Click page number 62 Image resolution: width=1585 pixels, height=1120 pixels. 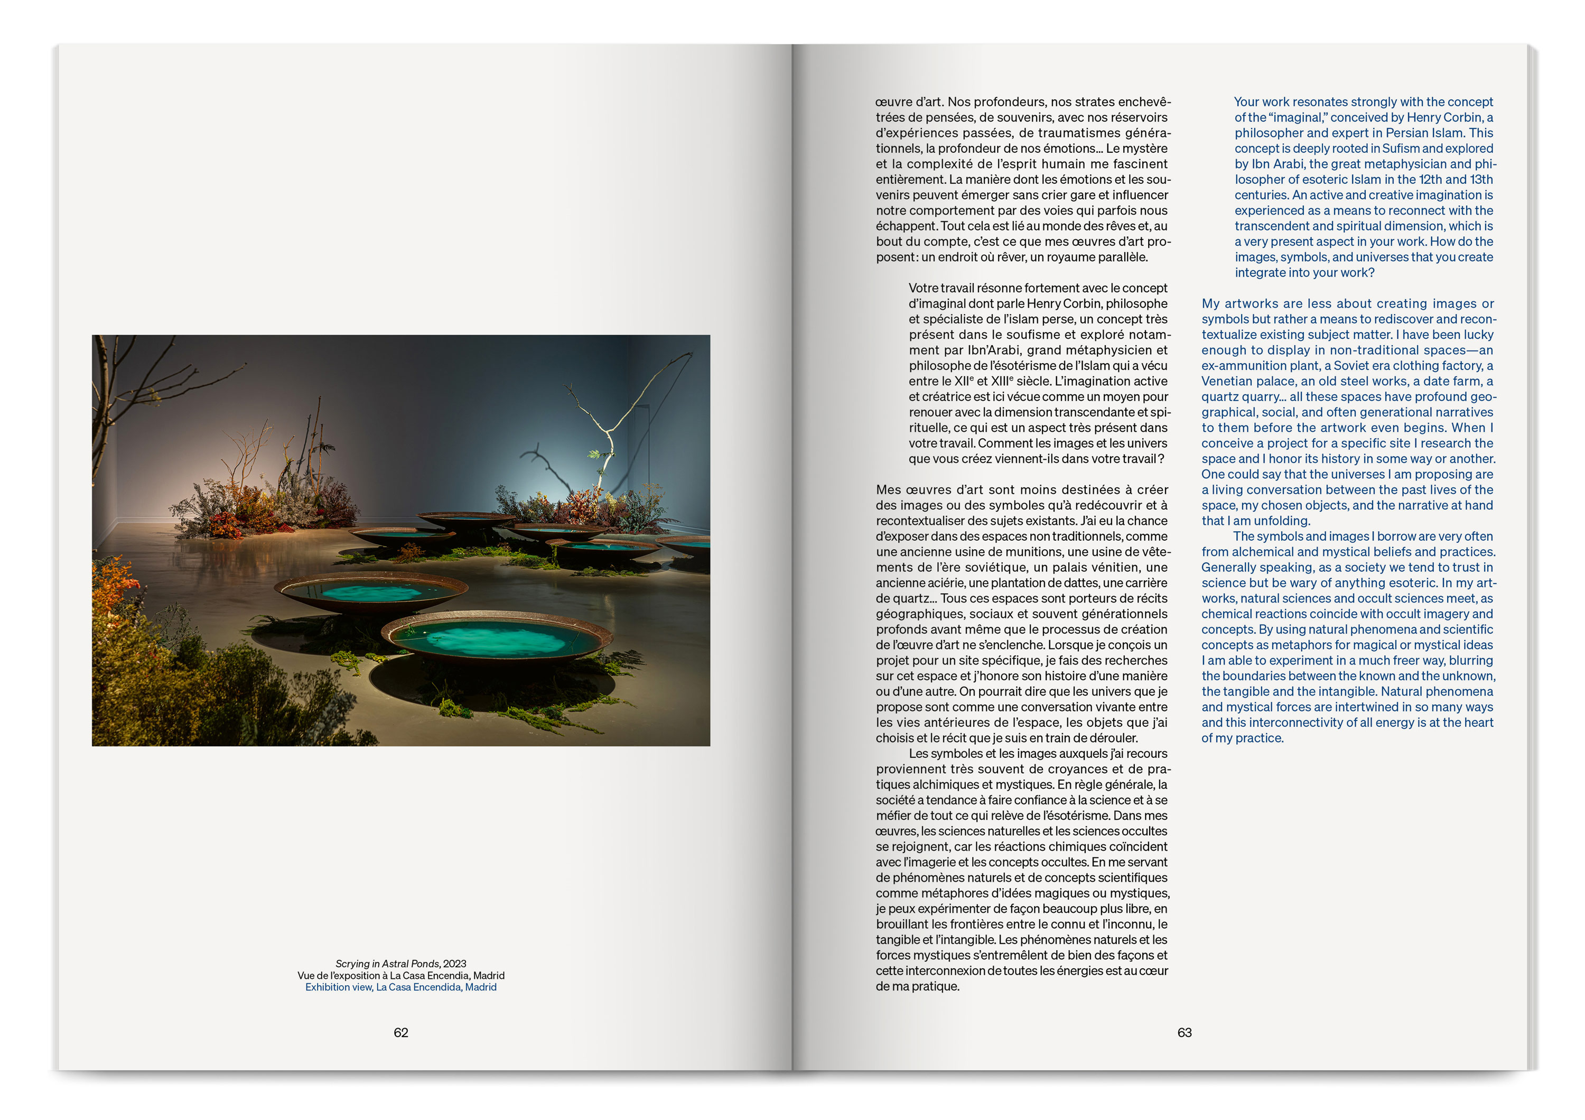point(400,1032)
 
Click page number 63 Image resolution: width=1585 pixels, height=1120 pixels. point(1184,1032)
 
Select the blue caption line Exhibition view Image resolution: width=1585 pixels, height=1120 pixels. point(400,987)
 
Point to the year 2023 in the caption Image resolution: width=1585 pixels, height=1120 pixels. point(454,963)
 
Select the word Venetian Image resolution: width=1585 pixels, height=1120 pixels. point(1226,381)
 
